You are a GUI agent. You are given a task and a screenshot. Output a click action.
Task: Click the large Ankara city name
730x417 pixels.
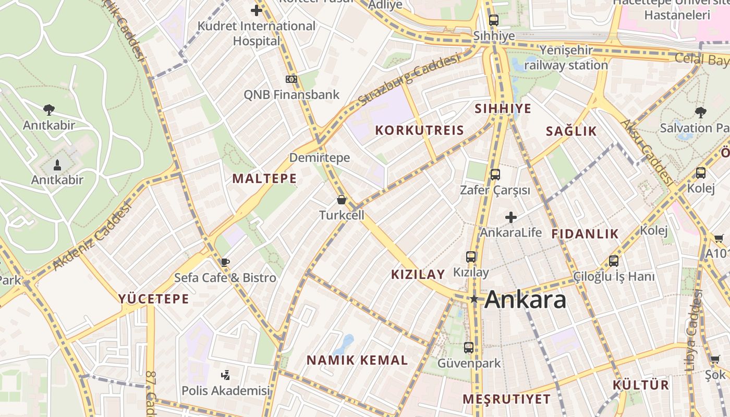pyautogui.click(x=525, y=300)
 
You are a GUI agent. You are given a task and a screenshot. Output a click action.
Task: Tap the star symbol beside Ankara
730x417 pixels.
pyautogui.click(x=474, y=299)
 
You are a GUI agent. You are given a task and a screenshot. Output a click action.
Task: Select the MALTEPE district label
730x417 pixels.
pyautogui.click(x=264, y=179)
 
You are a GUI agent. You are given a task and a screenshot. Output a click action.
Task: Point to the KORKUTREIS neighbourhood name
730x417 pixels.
pyautogui.click(x=420, y=130)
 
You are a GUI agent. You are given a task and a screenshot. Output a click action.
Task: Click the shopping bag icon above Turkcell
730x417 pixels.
pyautogui.click(x=342, y=200)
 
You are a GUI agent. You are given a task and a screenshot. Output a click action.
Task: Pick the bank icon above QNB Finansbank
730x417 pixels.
pyautogui.click(x=291, y=79)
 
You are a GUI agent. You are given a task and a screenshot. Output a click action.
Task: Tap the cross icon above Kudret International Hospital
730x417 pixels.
pyautogui.click(x=257, y=10)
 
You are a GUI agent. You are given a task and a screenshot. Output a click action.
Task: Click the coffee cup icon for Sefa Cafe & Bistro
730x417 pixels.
pyautogui.click(x=225, y=262)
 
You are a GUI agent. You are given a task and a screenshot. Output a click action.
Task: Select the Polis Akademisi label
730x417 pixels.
pyautogui.click(x=226, y=390)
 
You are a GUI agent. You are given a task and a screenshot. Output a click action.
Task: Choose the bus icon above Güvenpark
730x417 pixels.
pyautogui.click(x=469, y=347)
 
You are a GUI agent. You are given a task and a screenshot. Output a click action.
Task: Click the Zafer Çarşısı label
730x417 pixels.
pyautogui.click(x=495, y=190)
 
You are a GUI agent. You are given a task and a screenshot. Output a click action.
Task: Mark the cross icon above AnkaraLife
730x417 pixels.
pyautogui.click(x=511, y=217)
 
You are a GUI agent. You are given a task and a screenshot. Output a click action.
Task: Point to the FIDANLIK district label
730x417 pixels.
pyautogui.click(x=585, y=234)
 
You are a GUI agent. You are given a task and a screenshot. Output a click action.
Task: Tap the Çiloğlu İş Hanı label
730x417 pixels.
pyautogui.click(x=614, y=276)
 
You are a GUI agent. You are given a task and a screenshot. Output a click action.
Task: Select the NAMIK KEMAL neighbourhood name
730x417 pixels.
pyautogui.click(x=357, y=360)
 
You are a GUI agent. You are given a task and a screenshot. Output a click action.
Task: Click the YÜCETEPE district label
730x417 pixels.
pyautogui.click(x=153, y=299)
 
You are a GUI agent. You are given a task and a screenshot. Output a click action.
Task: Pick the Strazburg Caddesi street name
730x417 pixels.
pyautogui.click(x=410, y=79)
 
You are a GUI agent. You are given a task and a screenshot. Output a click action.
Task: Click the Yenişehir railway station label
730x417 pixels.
pyautogui.click(x=566, y=58)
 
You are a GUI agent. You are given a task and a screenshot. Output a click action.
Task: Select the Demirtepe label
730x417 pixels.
pyautogui.click(x=320, y=157)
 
